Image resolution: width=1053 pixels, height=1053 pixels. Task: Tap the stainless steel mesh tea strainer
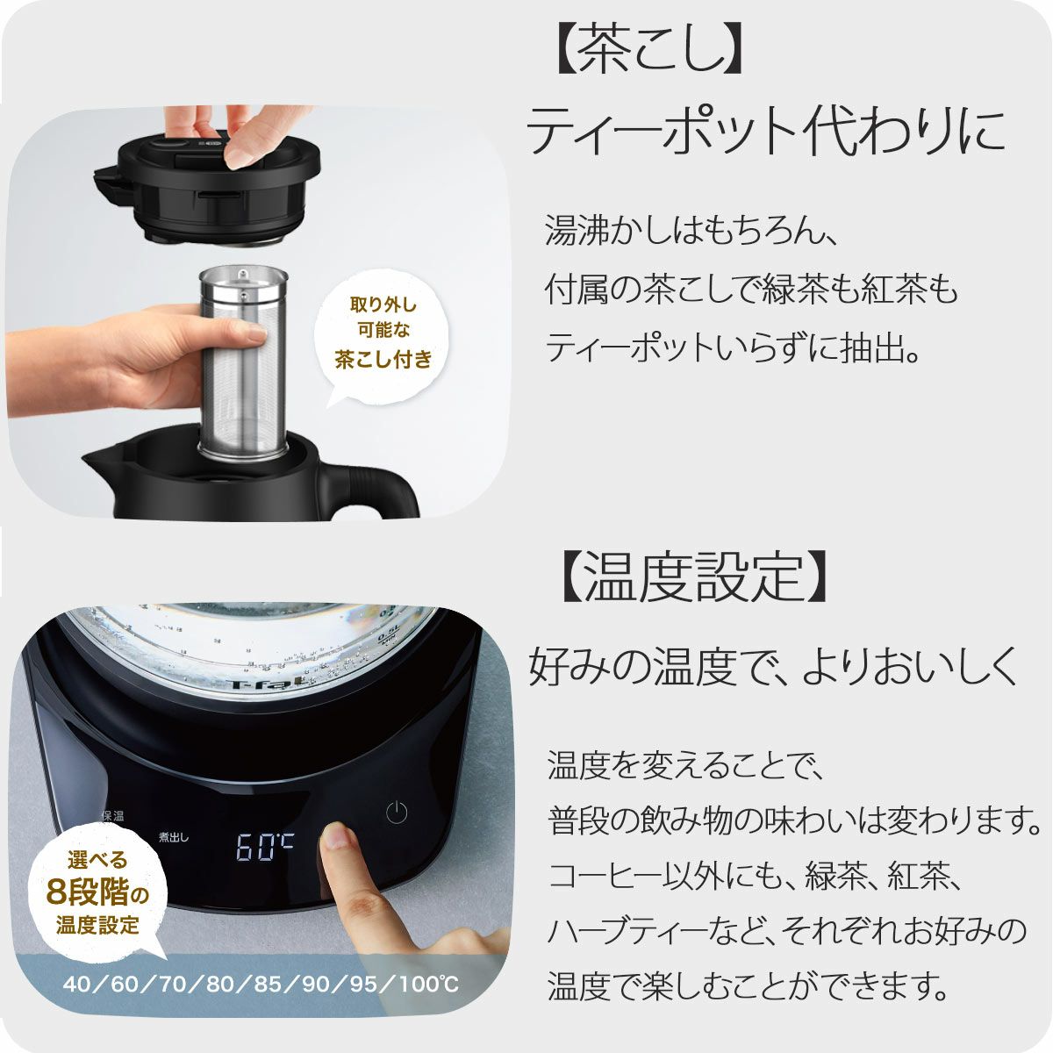coord(242,363)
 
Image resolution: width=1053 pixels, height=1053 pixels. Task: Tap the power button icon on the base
coord(397,813)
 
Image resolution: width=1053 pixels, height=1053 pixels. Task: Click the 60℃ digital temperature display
coord(265,847)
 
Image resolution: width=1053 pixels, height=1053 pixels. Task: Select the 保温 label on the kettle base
coord(112,816)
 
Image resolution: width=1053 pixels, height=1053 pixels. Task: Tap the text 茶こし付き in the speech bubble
coord(383,360)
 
